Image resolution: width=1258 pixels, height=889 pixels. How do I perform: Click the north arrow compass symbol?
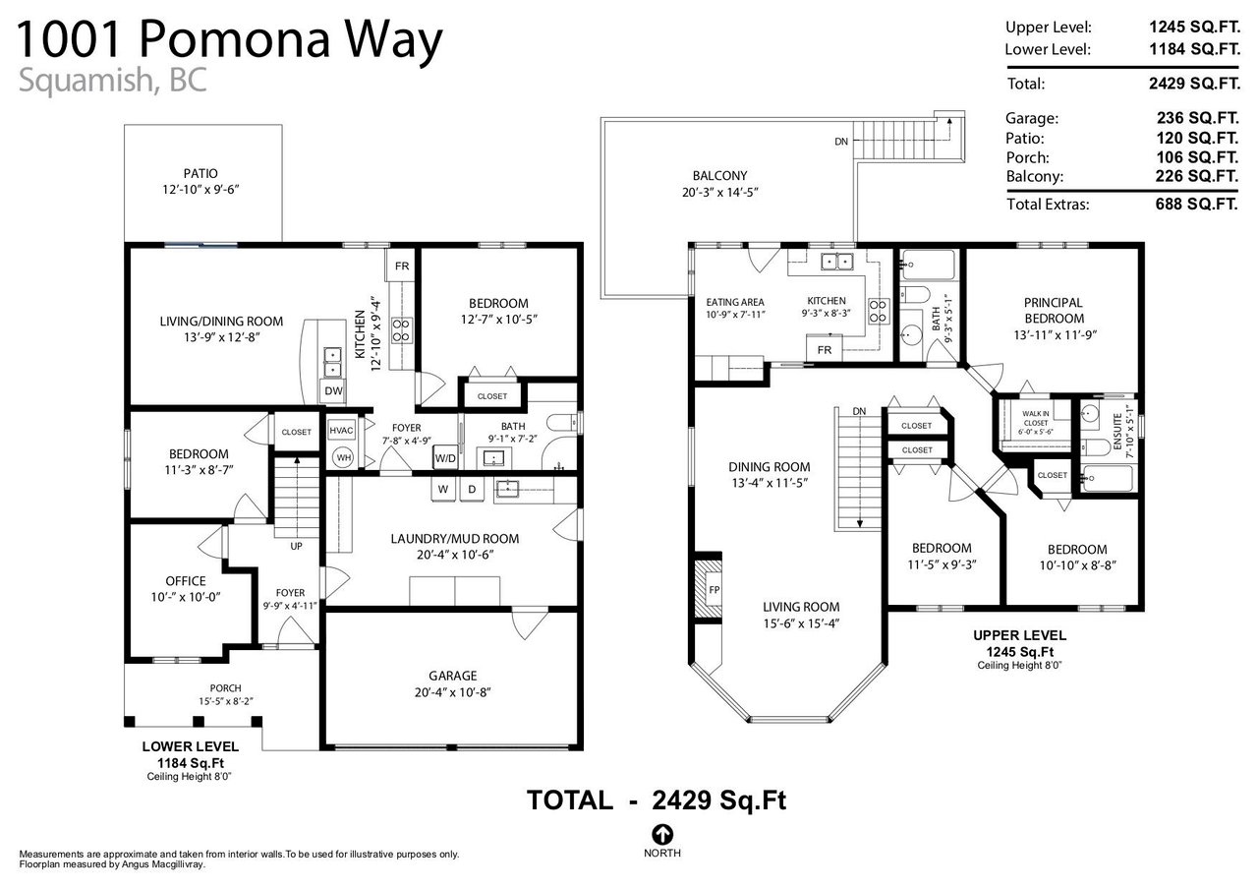coord(662,834)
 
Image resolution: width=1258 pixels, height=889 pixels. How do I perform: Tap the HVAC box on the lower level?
coord(341,431)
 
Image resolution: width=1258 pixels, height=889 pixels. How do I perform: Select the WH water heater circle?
coord(343,457)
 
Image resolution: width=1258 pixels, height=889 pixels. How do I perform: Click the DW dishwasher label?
coord(333,390)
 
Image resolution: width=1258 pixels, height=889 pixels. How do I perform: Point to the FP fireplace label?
coord(715,589)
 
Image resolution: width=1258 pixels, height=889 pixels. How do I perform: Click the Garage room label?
coord(453,676)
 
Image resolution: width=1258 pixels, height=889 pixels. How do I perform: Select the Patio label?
coord(200,174)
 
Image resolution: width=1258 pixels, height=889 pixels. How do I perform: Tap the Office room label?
coord(186,581)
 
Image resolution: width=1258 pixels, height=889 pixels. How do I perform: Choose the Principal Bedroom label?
coord(1054,310)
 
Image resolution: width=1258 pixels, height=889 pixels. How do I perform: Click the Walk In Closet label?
coord(1036,418)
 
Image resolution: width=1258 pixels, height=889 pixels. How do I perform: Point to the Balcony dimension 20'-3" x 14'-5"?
coord(720,192)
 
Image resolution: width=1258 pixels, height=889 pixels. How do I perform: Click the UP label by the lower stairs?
coord(296,546)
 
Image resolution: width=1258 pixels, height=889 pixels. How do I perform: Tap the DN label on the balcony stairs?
coord(840,142)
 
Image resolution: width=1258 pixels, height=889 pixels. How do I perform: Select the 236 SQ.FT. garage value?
coord(1197,118)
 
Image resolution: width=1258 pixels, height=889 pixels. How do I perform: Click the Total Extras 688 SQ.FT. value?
coord(1196,204)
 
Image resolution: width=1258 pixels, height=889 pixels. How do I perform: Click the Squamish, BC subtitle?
coord(112,80)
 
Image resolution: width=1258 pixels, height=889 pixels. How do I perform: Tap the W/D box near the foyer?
coord(445,458)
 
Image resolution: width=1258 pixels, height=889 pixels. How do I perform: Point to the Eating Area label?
coord(734,302)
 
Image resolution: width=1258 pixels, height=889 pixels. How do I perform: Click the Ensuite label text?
coord(1117,432)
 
